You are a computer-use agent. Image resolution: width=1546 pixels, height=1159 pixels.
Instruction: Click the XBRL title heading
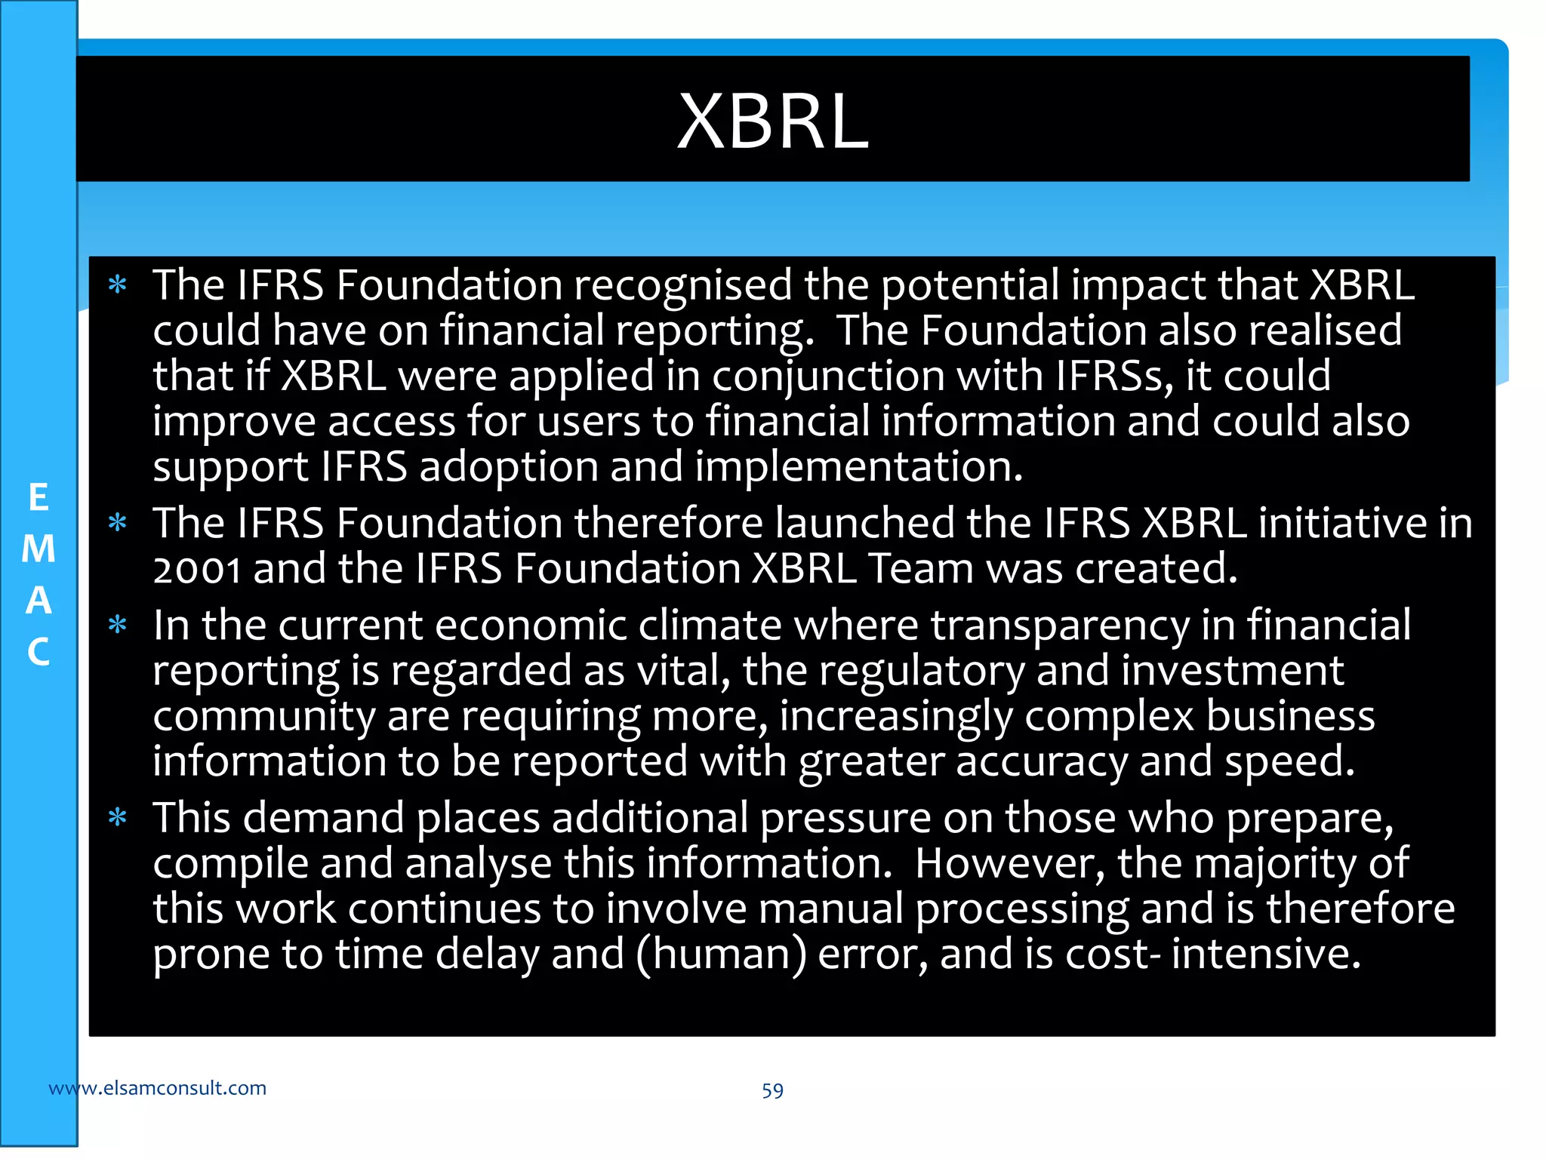click(772, 121)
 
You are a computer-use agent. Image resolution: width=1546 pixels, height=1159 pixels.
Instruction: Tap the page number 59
click(772, 1090)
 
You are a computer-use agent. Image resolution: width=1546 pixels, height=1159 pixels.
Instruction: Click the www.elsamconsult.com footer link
click(157, 1088)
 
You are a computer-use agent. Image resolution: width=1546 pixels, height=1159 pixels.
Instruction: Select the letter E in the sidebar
click(38, 498)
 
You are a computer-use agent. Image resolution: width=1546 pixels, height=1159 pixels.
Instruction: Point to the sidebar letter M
click(38, 549)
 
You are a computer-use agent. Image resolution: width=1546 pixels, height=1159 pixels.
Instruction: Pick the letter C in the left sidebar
click(38, 652)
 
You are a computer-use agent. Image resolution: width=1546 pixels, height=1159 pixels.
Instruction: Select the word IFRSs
click(1114, 377)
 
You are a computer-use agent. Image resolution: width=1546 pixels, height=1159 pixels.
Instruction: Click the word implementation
click(858, 467)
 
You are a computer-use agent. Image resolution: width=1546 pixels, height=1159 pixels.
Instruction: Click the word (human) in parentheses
click(721, 955)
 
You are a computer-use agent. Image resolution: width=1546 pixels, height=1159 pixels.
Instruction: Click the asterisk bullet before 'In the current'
click(117, 625)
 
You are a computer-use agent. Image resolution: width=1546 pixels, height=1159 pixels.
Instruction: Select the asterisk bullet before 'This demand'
click(117, 817)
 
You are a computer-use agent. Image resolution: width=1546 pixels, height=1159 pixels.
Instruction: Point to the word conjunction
click(828, 377)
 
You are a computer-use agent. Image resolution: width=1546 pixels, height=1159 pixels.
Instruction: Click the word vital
click(684, 671)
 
